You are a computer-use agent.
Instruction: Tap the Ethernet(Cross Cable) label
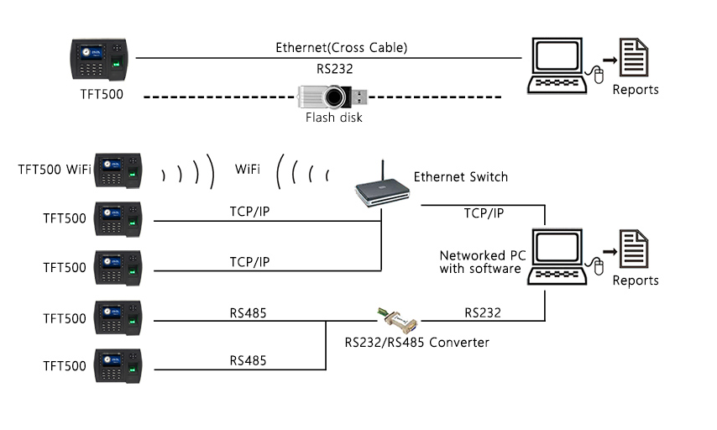pos(342,48)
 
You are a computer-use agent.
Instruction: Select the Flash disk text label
pos(333,118)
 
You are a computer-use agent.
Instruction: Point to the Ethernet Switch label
pos(460,177)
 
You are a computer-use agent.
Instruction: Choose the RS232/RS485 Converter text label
pos(416,343)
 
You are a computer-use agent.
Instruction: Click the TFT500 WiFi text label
pos(55,170)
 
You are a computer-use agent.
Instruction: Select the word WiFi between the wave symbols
pos(247,170)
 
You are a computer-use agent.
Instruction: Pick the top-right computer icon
pos(557,64)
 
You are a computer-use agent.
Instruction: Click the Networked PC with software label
pos(484,262)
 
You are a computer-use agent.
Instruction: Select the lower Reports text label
pos(635,281)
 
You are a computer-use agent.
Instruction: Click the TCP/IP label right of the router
pos(484,213)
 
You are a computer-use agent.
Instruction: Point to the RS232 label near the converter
pos(483,312)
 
